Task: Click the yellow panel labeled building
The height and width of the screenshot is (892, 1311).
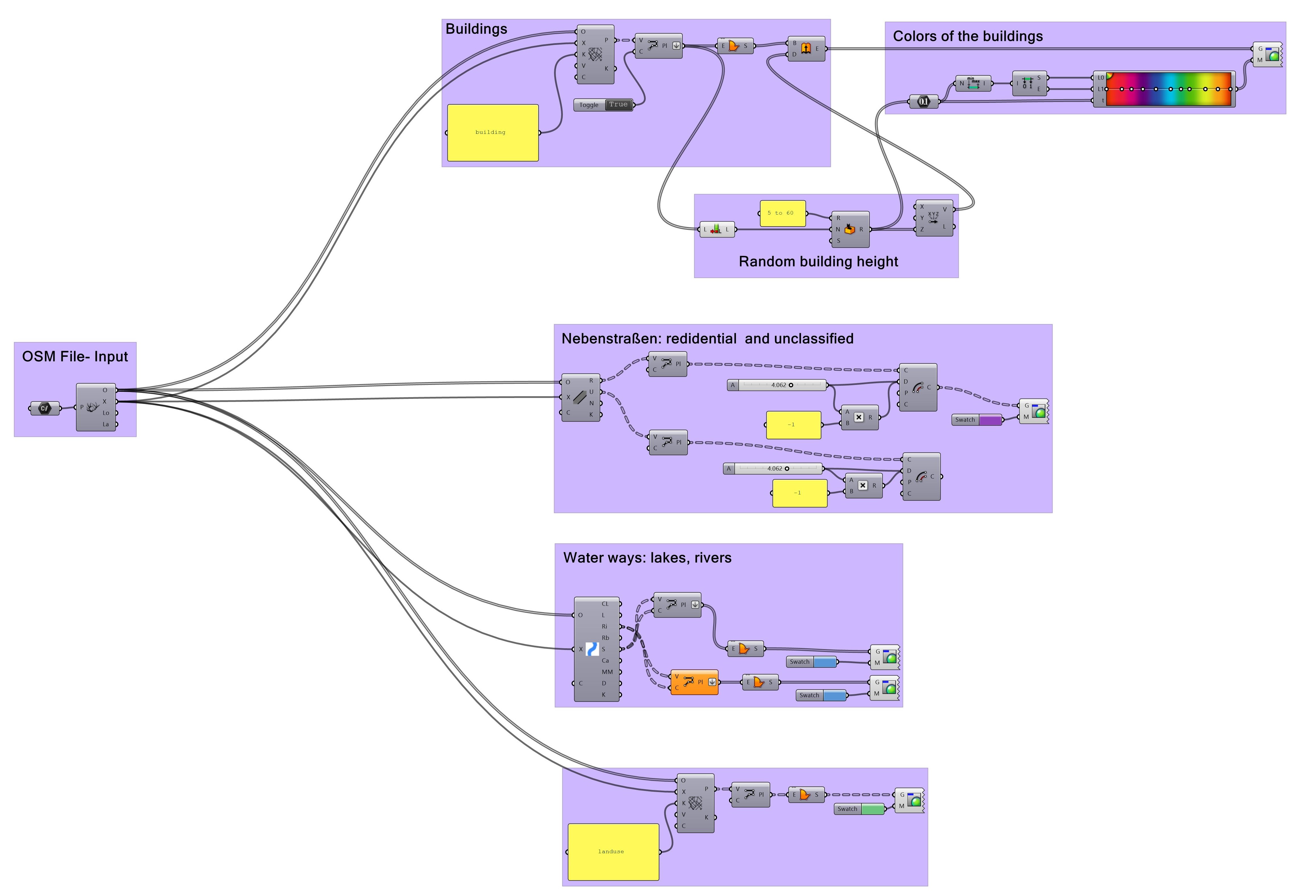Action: coord(492,132)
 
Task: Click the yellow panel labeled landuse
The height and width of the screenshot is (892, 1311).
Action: coord(613,851)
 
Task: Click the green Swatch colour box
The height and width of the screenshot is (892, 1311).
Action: coord(873,809)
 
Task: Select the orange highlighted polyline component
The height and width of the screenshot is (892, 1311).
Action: coord(694,682)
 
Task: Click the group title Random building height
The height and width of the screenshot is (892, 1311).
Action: coord(818,262)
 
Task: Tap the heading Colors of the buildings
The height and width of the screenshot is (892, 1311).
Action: coord(967,37)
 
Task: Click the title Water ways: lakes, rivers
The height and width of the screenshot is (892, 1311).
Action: coord(647,558)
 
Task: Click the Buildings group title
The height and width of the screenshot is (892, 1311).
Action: coord(476,29)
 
